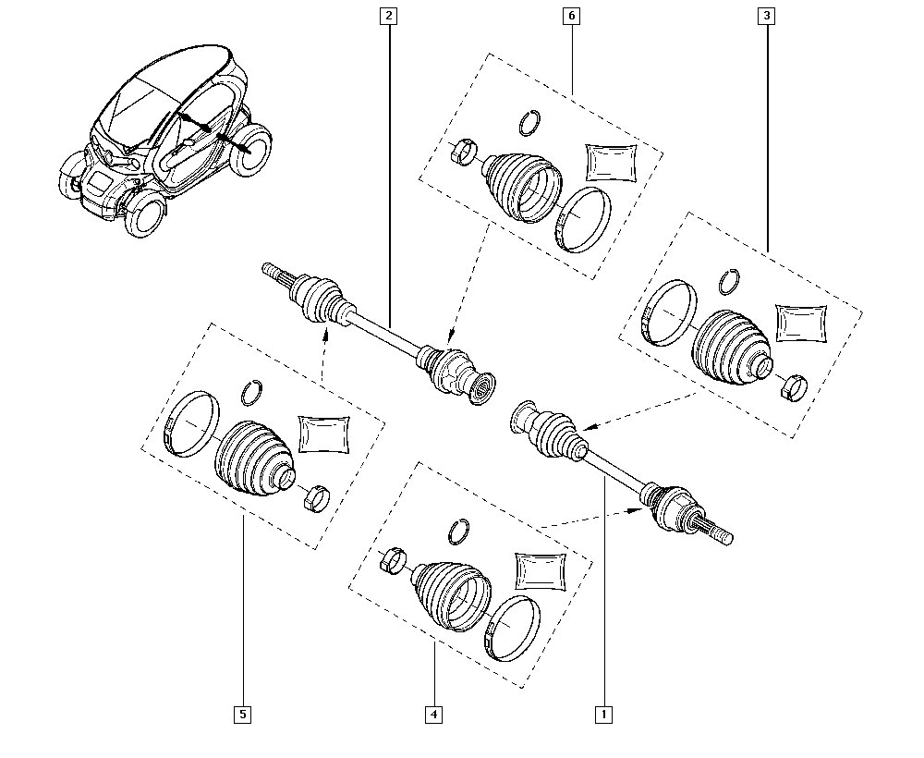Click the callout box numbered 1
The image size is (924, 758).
tap(603, 715)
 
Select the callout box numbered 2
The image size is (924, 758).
tap(388, 16)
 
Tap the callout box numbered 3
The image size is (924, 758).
tap(766, 16)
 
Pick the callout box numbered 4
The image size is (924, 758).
tap(433, 715)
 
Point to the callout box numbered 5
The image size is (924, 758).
tap(242, 715)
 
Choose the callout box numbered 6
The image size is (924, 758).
tap(571, 16)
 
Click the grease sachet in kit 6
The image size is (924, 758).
tap(611, 162)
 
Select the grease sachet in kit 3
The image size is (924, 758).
tap(801, 323)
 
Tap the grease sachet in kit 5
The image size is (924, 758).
tap(324, 434)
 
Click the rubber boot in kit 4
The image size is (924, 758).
tap(451, 596)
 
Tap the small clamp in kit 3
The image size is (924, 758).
tap(793, 386)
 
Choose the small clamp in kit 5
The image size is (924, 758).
tap(316, 498)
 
